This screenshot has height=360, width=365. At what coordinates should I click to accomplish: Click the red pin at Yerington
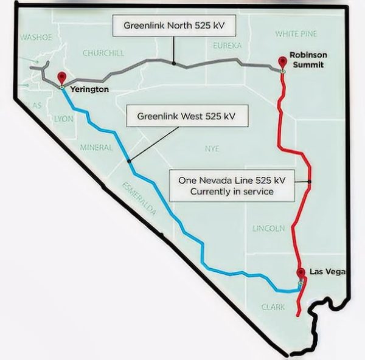pyautogui.click(x=61, y=78)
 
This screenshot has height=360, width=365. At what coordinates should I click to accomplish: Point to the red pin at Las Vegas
pyautogui.click(x=301, y=273)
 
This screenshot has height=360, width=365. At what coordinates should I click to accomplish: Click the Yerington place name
pyautogui.click(x=89, y=89)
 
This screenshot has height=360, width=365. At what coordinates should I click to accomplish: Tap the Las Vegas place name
pyautogui.click(x=327, y=271)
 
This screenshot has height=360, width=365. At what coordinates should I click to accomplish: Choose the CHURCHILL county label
pyautogui.click(x=103, y=54)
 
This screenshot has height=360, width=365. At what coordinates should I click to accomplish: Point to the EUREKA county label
pyautogui.click(x=228, y=46)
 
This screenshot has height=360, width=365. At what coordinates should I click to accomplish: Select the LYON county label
pyautogui.click(x=63, y=119)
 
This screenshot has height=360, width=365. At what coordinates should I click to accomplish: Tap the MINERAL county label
pyautogui.click(x=96, y=147)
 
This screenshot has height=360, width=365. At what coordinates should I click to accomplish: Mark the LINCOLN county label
pyautogui.click(x=268, y=229)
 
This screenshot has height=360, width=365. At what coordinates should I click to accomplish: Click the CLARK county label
pyautogui.click(x=273, y=307)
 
